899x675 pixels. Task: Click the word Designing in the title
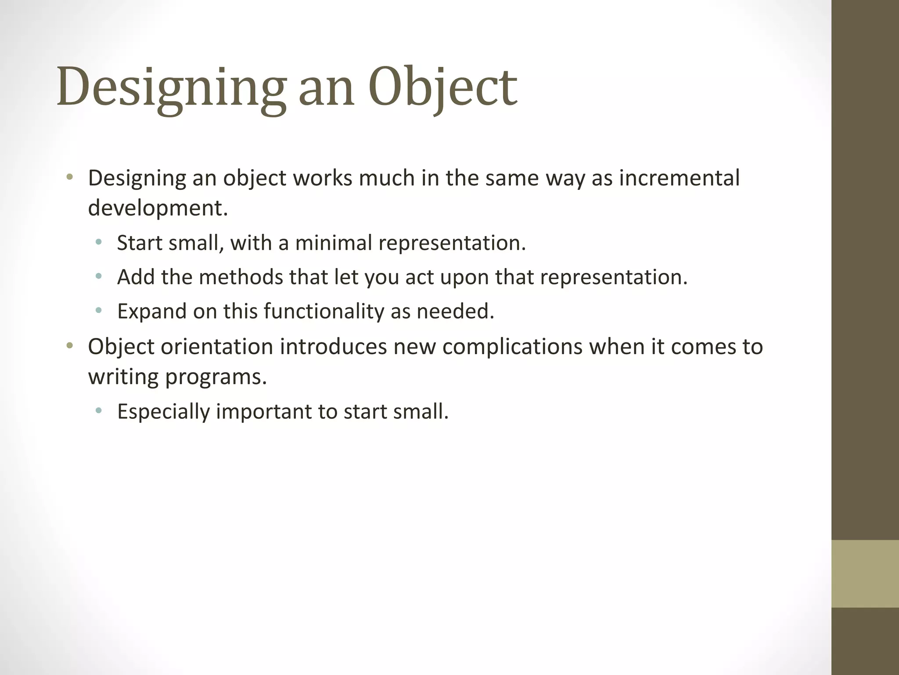click(x=171, y=87)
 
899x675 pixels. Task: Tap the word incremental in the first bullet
click(x=679, y=178)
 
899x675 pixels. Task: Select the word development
click(x=158, y=208)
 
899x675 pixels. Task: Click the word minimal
click(x=334, y=243)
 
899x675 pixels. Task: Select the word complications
click(x=512, y=346)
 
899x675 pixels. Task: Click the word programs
click(x=216, y=377)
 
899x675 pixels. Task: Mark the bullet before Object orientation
click(x=69, y=346)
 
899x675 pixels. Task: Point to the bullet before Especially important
click(x=99, y=411)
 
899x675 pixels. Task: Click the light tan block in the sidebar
click(x=865, y=573)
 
